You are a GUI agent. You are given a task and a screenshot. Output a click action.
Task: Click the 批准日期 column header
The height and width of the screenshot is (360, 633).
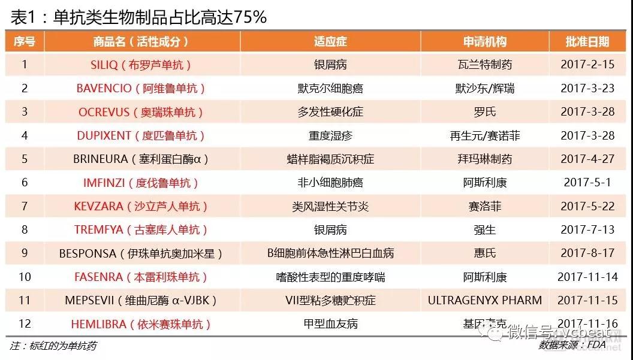point(587,41)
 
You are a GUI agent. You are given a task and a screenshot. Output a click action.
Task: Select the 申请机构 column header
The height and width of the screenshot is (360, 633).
point(484,41)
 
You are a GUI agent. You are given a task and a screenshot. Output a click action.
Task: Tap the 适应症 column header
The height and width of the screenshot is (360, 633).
point(330,41)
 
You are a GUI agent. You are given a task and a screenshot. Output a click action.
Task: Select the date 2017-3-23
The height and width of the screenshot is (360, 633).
point(587,88)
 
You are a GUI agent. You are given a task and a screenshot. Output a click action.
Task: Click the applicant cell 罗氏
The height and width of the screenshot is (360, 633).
point(484,112)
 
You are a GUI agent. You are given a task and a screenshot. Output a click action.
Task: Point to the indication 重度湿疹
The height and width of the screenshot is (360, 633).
point(330,135)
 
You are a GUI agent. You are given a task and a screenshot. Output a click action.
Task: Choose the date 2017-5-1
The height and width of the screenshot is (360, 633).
point(587,182)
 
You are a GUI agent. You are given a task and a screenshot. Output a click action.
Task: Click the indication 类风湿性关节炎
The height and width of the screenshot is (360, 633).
point(330,206)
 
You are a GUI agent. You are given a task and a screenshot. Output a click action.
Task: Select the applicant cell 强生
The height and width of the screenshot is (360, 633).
point(484,229)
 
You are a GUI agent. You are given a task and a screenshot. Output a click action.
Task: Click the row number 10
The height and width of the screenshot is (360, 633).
point(25,277)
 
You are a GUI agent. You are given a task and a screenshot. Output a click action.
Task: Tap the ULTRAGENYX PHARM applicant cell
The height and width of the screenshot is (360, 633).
point(484,300)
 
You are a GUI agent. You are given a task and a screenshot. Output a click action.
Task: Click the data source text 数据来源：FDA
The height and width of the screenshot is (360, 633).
point(570,346)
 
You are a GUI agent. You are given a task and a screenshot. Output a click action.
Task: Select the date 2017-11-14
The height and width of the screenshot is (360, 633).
point(587,277)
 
